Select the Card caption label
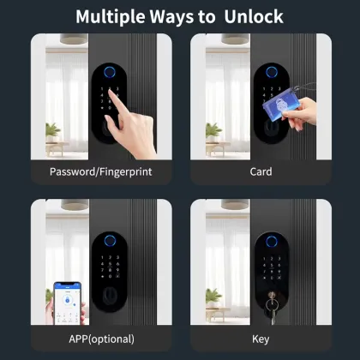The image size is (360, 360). [x=261, y=171]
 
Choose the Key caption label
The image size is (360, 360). [x=261, y=338]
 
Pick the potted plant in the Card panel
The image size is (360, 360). [x=214, y=131]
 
